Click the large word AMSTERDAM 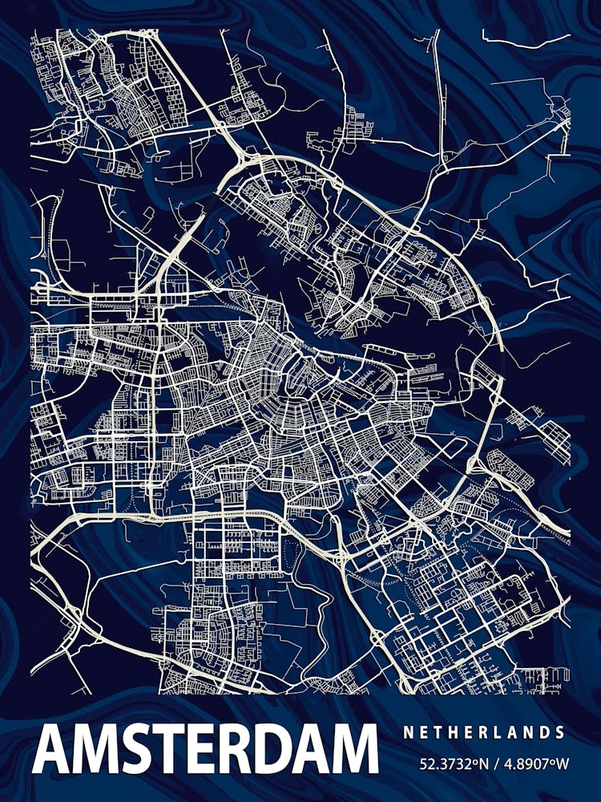tap(205, 749)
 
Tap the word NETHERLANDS tap(484, 732)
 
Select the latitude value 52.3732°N tap(452, 764)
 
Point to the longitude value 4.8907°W tap(532, 764)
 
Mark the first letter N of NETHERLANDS tap(408, 732)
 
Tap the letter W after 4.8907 tap(562, 764)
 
